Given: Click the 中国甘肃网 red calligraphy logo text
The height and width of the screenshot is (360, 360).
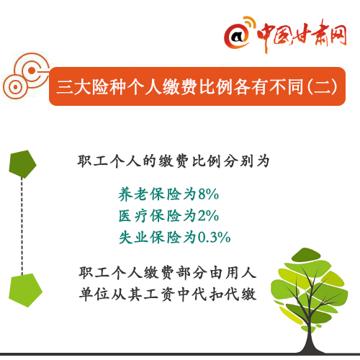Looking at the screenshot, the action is coord(302,35).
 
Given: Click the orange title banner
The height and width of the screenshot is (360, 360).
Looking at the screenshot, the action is coord(197,86).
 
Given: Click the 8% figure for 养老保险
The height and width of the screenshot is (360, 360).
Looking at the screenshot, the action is coord(208,194).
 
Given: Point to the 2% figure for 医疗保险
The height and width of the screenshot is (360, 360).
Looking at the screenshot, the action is coord(208,215).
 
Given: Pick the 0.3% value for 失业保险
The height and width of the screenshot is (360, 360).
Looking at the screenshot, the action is coord(214,238).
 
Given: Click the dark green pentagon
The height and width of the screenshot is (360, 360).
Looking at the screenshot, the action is coord(22,164).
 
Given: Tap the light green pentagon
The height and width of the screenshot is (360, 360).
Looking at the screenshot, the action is coord(25,290).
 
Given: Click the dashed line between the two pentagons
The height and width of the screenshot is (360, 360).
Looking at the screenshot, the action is coord(22,226).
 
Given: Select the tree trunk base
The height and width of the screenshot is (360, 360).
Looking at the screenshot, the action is coord(311,346).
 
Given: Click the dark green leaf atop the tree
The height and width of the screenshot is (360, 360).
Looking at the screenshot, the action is coord(305,255).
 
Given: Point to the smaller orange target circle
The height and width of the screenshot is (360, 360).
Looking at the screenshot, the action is coord(15,87).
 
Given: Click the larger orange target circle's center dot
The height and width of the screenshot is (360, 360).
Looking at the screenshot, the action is coord(32,71).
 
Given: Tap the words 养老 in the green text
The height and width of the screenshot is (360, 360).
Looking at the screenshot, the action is coord(133,194).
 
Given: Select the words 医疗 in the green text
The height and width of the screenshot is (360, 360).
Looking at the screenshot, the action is coord(133,215).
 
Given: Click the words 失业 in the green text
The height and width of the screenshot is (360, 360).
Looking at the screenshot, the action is coord(133,238).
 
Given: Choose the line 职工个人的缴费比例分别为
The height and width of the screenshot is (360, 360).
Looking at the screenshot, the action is coord(174,161).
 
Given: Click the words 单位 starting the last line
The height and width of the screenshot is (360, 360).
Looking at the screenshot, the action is coord(94,294).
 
